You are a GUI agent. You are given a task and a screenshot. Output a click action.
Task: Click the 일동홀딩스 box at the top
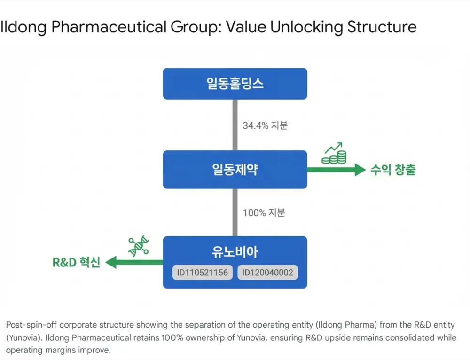click(235, 84)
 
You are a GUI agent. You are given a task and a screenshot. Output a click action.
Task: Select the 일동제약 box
click(235, 169)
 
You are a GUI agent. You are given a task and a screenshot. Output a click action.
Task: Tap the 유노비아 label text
click(235, 252)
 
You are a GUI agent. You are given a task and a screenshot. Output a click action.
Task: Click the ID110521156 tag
click(202, 273)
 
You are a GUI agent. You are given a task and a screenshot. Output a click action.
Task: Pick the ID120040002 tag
click(268, 273)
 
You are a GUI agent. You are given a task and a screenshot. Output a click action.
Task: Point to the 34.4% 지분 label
click(265, 125)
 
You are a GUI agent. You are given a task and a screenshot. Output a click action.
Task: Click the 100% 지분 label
click(264, 212)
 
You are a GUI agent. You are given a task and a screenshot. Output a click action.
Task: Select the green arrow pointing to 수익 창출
click(337, 170)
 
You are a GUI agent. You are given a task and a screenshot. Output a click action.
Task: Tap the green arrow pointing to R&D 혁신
click(134, 262)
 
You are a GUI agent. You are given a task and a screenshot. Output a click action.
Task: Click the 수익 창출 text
click(393, 170)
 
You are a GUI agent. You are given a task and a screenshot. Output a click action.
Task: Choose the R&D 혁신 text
click(76, 262)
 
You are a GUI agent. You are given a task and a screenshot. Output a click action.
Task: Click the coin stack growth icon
click(334, 153)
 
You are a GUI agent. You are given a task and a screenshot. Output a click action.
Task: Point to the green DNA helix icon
click(139, 246)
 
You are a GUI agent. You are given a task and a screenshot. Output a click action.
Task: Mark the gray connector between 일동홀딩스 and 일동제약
click(235, 125)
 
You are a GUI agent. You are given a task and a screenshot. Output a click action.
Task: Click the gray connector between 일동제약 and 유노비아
click(235, 212)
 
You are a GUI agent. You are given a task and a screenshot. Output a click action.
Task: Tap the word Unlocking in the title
click(306, 27)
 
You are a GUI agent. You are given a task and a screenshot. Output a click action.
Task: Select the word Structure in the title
click(382, 27)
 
